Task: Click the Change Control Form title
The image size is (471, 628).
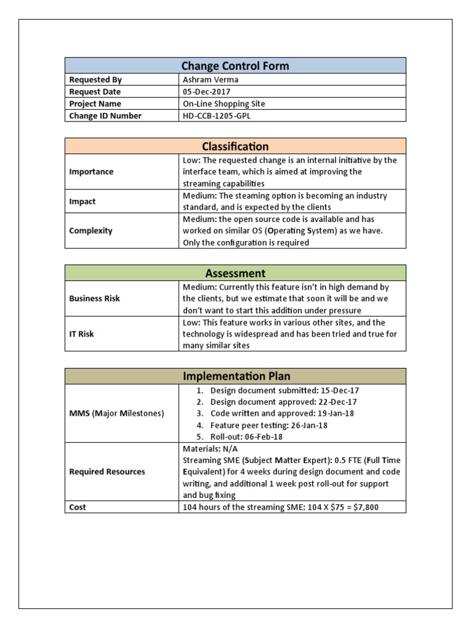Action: pos(235,66)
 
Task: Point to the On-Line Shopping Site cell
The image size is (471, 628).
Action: pos(224,104)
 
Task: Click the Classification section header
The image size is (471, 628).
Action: pos(235,146)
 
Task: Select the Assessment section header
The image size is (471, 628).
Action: pos(235,273)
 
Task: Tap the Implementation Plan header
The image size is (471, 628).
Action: pos(235,376)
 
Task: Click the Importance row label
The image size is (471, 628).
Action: pos(91,172)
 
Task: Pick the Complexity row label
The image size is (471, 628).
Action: pos(91,231)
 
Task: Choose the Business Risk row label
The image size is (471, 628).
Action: pos(94,298)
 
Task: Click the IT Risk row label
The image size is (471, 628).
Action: pos(82,334)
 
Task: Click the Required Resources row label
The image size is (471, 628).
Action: pos(107,472)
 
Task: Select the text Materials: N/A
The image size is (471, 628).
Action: pos(209,449)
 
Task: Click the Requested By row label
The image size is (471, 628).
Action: pos(96,80)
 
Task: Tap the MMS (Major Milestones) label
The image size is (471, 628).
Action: pos(117,413)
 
